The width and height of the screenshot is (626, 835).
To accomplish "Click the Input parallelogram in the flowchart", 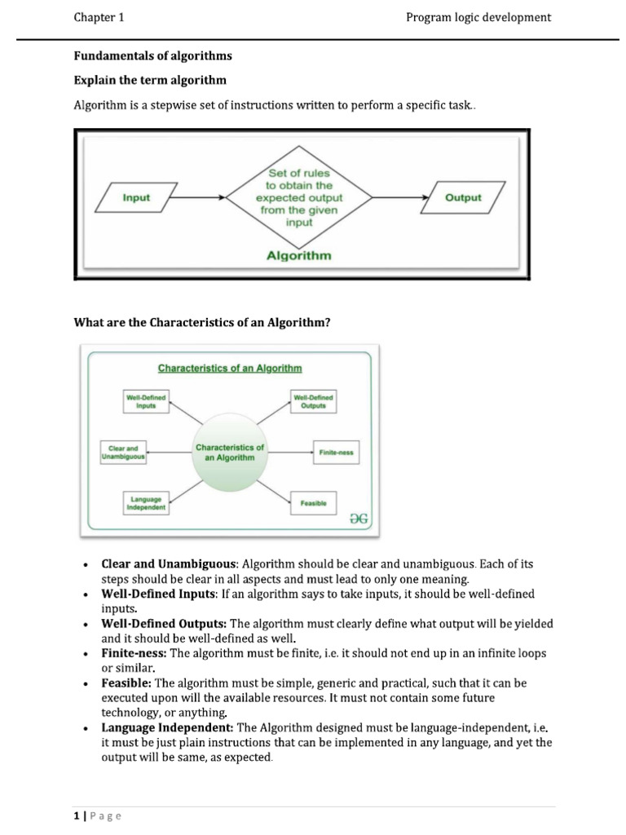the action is click(136, 197).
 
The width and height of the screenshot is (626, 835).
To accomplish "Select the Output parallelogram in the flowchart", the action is click(463, 197).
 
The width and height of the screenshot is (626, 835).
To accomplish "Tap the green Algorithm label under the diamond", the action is click(299, 255).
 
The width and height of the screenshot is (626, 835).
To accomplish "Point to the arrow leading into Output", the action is click(400, 197).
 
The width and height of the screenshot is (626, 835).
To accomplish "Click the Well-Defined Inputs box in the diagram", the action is click(146, 401).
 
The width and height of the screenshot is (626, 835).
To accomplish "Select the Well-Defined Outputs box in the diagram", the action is click(314, 401).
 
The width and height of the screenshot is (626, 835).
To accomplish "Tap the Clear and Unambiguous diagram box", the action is click(123, 453).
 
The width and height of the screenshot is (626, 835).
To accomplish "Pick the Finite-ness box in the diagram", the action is click(337, 453).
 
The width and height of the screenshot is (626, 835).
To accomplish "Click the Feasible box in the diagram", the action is click(314, 503).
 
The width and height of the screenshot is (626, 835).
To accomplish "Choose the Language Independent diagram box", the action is click(146, 503).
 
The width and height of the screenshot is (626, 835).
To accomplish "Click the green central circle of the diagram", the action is click(229, 453).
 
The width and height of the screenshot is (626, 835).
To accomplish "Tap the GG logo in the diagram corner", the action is click(359, 519).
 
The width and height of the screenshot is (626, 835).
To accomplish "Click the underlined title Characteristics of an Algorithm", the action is click(230, 369).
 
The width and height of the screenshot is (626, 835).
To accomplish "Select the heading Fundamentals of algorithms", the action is click(152, 56).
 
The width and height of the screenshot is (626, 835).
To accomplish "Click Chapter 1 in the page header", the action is click(99, 18).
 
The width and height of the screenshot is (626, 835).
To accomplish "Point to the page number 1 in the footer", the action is click(77, 815).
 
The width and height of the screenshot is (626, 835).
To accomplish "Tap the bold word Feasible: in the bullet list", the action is click(126, 683).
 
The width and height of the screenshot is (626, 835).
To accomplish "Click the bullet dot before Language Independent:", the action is click(85, 728).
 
